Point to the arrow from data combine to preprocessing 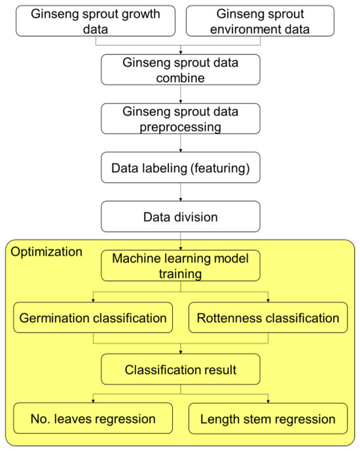pos(180,94)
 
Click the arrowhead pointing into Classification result pos(180,353)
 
